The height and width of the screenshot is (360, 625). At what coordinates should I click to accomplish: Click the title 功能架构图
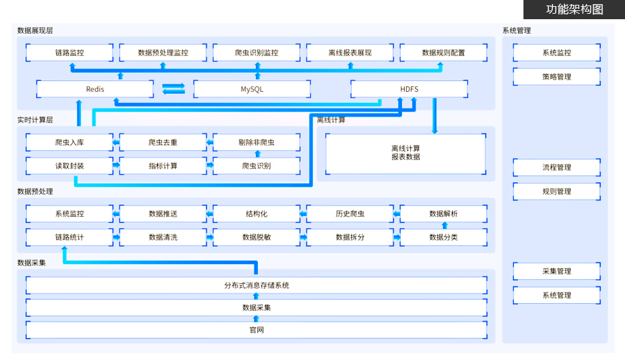point(574,9)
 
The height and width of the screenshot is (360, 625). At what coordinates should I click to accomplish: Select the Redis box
point(95,89)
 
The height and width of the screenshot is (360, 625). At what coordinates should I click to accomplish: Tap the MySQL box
point(252,89)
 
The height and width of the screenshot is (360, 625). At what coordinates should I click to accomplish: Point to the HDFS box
point(409,89)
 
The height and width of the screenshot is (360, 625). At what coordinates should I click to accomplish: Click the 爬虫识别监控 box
point(257,52)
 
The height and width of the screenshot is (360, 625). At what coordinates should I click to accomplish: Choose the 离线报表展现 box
point(350,52)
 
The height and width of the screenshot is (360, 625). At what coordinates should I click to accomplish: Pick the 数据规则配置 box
point(443,52)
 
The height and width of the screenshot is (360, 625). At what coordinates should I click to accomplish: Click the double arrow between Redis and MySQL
point(174,88)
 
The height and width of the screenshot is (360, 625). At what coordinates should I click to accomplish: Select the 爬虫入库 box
point(69,143)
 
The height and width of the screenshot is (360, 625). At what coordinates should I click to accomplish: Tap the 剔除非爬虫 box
point(257,143)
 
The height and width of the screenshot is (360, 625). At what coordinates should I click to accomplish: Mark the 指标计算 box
point(163,165)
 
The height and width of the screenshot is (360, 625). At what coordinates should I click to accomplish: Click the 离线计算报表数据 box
point(405,153)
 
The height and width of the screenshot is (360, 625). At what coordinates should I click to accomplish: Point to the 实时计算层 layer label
point(35,119)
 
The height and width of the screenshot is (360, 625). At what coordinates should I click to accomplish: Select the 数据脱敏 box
point(257,237)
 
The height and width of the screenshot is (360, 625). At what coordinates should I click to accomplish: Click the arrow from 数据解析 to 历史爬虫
point(397,214)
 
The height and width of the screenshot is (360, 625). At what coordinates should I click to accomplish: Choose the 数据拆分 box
point(350,237)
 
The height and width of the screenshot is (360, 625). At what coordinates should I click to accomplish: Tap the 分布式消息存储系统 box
point(257,285)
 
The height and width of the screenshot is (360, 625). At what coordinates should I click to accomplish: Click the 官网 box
point(257,330)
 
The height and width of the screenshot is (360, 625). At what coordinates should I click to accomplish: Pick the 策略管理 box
point(556,77)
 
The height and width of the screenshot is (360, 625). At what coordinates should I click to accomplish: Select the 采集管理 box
point(556,272)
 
